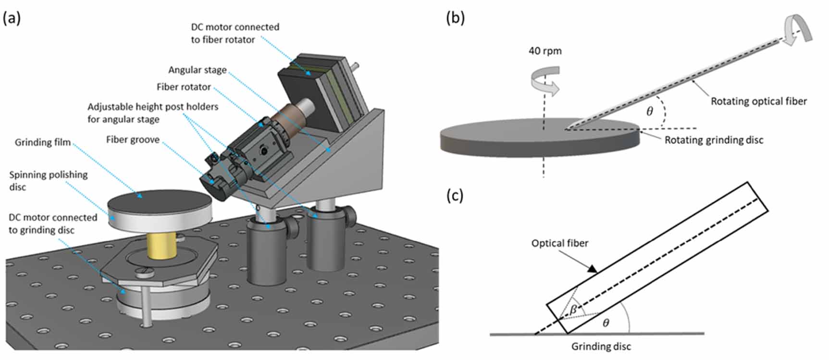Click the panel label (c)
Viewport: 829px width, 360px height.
(x=454, y=196)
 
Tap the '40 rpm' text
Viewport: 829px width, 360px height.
(x=545, y=51)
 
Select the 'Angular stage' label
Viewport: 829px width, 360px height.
(x=197, y=70)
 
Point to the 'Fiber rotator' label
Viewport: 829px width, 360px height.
(x=184, y=87)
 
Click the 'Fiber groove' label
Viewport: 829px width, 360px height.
(x=133, y=140)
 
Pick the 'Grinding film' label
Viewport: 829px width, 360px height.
(x=43, y=142)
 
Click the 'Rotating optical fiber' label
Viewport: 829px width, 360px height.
(x=758, y=101)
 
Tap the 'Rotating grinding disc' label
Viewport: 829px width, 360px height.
(x=714, y=140)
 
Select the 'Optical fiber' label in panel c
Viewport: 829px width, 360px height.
(x=559, y=243)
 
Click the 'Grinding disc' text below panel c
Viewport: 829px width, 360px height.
(x=601, y=347)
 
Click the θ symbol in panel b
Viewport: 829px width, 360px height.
(x=649, y=112)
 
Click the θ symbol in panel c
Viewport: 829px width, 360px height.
(x=606, y=323)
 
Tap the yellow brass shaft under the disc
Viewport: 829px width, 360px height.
(x=161, y=246)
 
